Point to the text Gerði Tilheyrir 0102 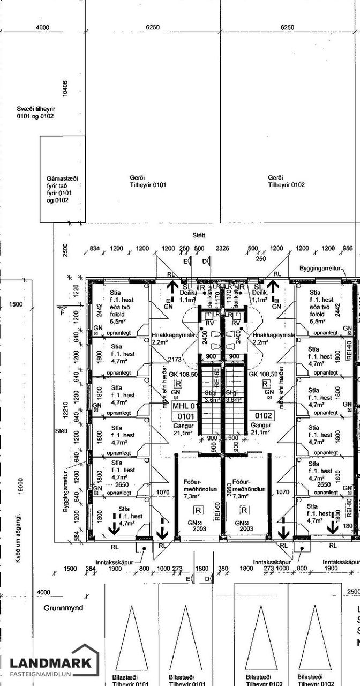click(x=286, y=181)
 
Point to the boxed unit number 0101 click(x=185, y=415)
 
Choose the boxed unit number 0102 click(x=264, y=415)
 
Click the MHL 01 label click(x=185, y=405)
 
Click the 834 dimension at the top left click(x=95, y=249)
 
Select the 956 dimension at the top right click(x=347, y=249)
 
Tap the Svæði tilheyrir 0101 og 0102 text click(x=35, y=112)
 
